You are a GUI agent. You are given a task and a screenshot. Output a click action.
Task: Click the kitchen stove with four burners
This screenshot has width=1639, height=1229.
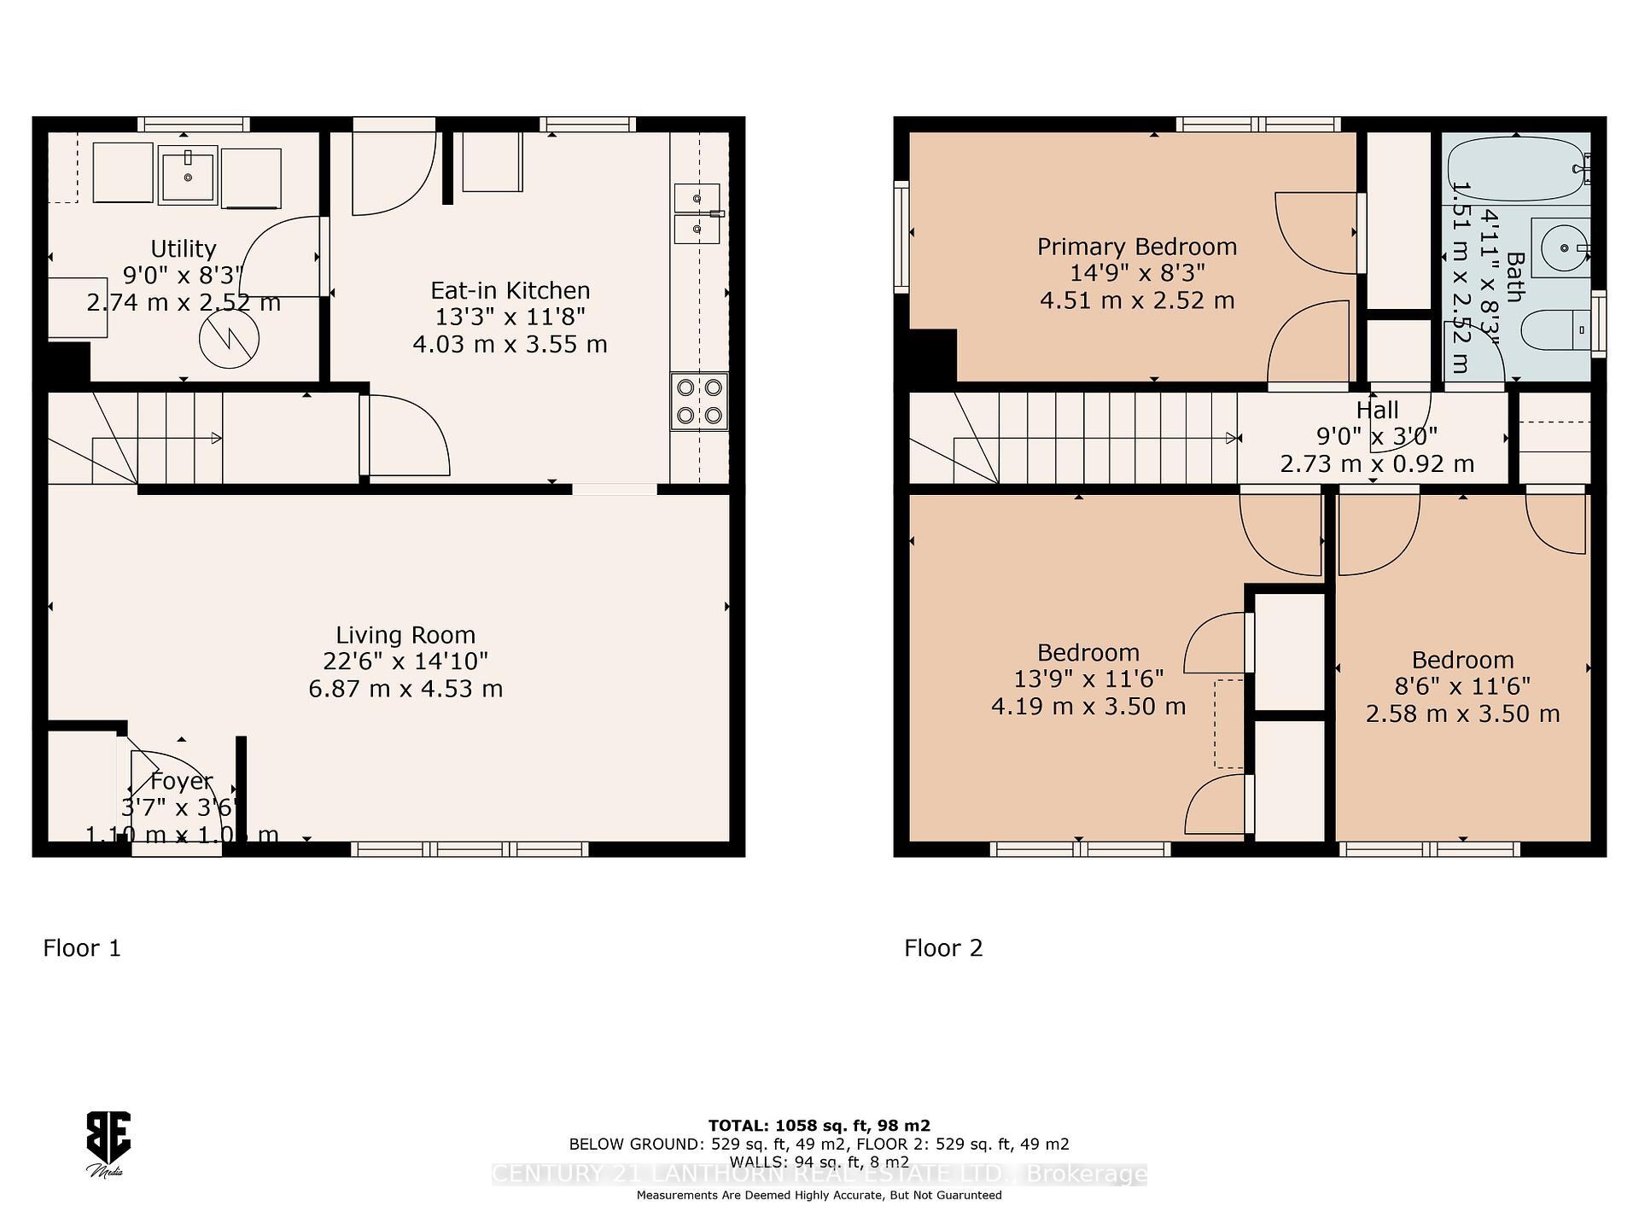[699, 401]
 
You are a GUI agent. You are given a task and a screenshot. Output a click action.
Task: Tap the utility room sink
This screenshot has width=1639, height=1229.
[188, 175]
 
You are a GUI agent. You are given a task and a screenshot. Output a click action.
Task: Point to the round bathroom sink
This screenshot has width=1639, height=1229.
[1560, 248]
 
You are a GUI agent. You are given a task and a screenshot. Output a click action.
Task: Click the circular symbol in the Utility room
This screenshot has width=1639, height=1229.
[229, 338]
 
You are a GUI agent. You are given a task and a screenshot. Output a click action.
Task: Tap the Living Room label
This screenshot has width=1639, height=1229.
[405, 635]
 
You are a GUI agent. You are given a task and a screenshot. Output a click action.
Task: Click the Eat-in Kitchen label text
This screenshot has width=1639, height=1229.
[510, 290]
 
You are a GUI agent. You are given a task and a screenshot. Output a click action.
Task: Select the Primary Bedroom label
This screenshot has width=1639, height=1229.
[1136, 247]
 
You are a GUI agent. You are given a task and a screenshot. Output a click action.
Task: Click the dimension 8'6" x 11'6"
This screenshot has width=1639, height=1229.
[1462, 686]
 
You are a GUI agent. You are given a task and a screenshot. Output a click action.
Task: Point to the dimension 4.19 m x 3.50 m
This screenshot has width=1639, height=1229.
[1088, 707]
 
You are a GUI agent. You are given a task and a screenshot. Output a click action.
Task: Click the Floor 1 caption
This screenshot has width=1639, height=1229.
[82, 948]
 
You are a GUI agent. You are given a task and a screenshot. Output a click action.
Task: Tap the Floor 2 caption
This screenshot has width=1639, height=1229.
[943, 948]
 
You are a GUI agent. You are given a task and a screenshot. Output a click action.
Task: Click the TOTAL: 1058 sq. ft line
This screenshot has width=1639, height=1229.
[819, 1126]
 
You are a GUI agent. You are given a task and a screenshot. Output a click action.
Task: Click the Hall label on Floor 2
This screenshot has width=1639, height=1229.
[1377, 410]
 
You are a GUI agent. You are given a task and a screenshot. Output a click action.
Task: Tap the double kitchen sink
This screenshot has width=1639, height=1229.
[697, 213]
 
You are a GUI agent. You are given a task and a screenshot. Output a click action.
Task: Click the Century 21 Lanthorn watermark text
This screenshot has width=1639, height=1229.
[819, 1174]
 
